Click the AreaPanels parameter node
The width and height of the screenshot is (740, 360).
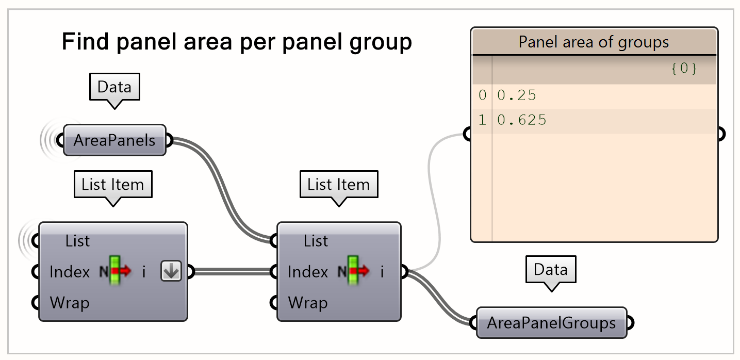(114, 140)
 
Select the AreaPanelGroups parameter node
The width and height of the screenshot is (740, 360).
(551, 323)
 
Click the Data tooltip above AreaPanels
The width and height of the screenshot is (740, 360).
(114, 87)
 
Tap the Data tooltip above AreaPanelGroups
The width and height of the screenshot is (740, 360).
(551, 269)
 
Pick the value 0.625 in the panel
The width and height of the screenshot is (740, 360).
(521, 120)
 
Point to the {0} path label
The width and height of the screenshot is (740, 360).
(684, 69)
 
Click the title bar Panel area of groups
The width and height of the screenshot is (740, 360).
(594, 42)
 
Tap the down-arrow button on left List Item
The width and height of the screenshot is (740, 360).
(171, 271)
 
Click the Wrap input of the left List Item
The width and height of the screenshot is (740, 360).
(70, 302)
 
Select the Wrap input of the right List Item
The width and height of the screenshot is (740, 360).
(307, 302)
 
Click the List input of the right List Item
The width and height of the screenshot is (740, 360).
(316, 241)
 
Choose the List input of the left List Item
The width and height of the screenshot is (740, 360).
(78, 241)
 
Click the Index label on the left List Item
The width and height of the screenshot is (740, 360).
(70, 272)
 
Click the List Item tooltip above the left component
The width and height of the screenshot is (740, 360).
(113, 185)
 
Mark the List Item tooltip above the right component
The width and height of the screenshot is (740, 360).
(339, 185)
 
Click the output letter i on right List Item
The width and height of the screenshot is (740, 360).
(382, 272)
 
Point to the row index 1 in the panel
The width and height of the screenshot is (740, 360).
(482, 120)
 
